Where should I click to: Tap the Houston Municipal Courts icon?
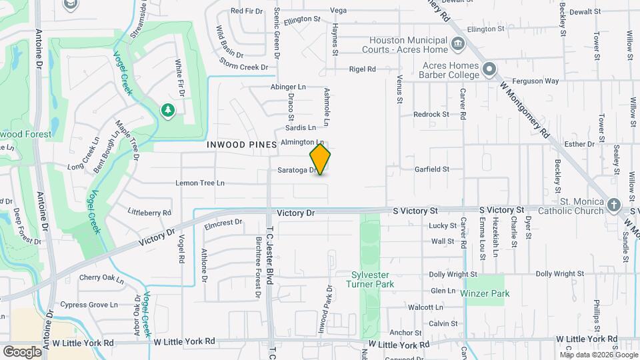pos(457,45)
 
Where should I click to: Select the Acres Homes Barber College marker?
pos(489,69)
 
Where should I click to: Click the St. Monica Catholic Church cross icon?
pos(614,205)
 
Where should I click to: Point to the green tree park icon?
pos(168,110)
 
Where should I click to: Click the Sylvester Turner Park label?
pos(373,279)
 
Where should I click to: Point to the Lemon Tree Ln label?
pos(200,183)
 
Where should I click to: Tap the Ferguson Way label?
pos(542,81)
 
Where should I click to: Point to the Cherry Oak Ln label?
pos(102,278)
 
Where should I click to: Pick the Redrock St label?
pos(431,115)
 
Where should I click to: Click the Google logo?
pos(22,351)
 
